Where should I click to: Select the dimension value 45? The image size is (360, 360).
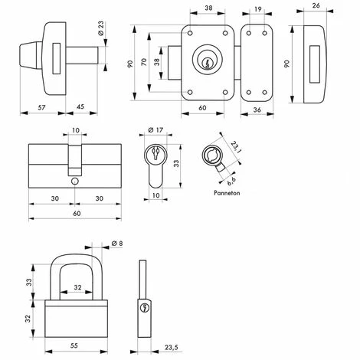pyautogui.click(x=80, y=106)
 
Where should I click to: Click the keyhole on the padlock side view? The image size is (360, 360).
pyautogui.click(x=144, y=307)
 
